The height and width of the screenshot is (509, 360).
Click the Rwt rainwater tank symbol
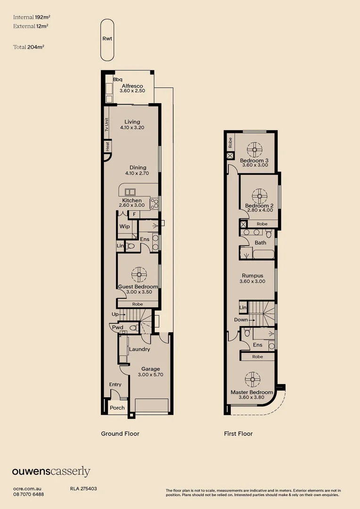click(107, 40)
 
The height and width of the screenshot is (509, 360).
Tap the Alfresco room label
click(132, 86)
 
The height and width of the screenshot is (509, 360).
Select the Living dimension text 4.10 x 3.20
click(132, 128)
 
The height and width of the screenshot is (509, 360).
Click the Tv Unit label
click(106, 124)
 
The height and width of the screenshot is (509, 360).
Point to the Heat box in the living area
click(107, 146)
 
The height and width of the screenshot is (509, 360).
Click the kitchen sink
click(130, 192)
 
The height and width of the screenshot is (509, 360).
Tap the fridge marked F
click(134, 214)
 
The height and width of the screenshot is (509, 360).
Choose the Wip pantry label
click(125, 226)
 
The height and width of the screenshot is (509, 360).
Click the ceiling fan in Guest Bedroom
click(139, 275)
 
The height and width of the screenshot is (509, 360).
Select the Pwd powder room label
click(117, 328)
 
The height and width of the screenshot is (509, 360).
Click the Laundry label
click(139, 349)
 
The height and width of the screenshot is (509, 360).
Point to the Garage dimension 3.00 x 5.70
click(150, 375)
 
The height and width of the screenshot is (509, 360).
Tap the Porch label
click(117, 408)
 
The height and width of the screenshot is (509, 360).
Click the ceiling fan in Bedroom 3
click(255, 150)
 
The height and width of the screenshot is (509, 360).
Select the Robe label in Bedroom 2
click(262, 224)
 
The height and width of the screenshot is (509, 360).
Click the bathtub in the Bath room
click(263, 254)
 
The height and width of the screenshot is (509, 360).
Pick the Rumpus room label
click(253, 276)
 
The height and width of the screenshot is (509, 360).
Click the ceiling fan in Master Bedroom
click(252, 379)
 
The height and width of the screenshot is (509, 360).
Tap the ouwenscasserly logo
click(51, 472)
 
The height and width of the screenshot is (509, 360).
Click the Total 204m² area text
click(29, 47)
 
